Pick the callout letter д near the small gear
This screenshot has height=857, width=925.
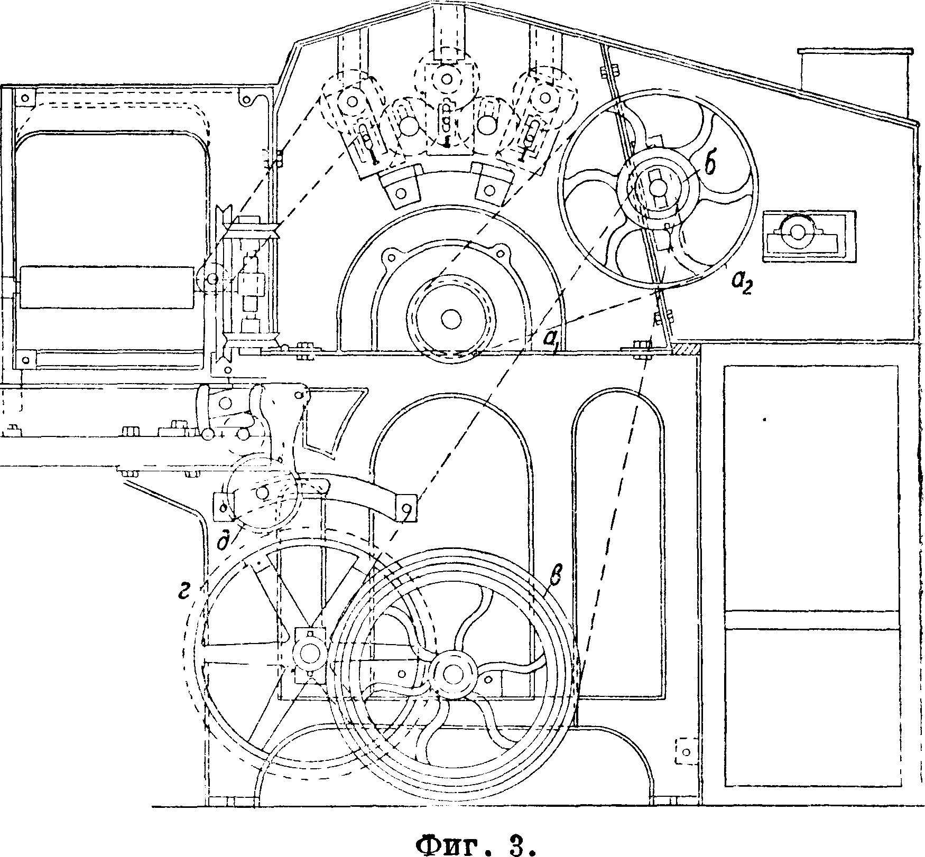click(224, 542)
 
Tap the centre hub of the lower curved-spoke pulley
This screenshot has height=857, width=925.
click(453, 673)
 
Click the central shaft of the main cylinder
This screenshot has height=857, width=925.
click(450, 320)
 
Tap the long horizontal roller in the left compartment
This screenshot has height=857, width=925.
click(108, 287)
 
